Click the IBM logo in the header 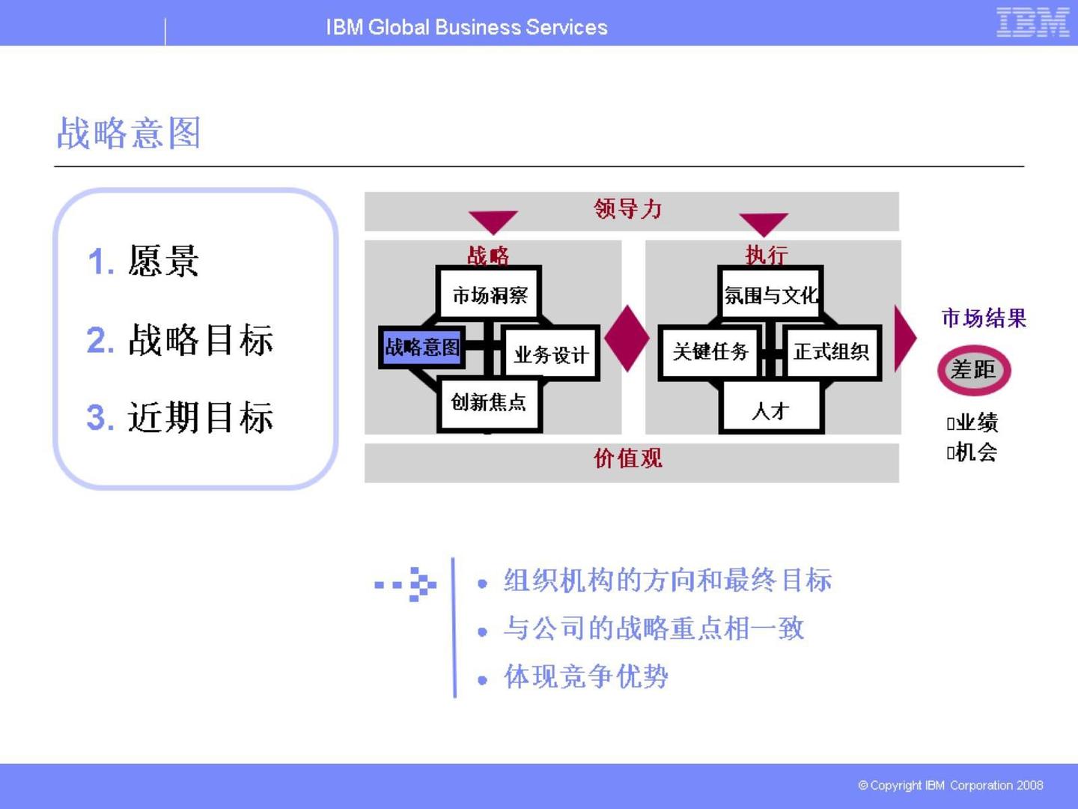1032,22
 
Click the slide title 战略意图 129,133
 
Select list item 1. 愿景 143,261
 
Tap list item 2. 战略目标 180,340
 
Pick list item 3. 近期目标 180,417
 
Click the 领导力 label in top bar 628,209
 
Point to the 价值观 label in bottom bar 628,458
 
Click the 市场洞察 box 490,294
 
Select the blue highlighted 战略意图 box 421,347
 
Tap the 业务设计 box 552,354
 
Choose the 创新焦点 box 489,404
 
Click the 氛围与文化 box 770,294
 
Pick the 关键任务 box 710,351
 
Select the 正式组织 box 831,351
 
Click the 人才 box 771,410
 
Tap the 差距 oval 973,370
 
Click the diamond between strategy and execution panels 627,338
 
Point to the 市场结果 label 983,318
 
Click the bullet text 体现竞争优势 585,676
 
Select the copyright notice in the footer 950,785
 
